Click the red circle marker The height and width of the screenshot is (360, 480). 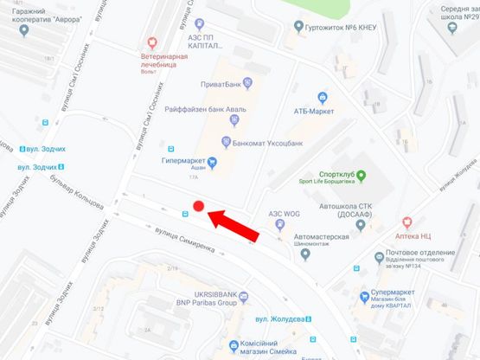click(x=198, y=206)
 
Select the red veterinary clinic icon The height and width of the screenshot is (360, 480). click(x=154, y=41)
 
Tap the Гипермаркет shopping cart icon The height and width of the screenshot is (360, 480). click(x=212, y=161)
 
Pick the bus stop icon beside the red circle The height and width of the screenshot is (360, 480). click(x=184, y=213)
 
